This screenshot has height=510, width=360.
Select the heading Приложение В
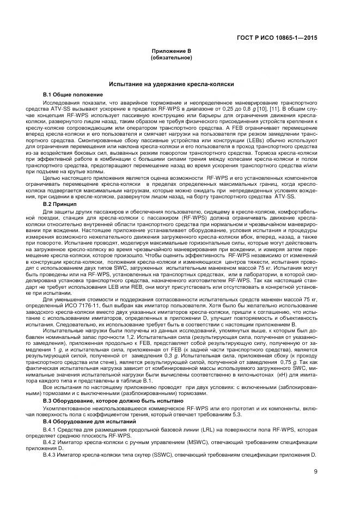coord(171,51)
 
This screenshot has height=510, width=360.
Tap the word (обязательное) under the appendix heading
coord(171,57)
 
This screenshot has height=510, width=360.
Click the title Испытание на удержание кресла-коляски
coord(171,85)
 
